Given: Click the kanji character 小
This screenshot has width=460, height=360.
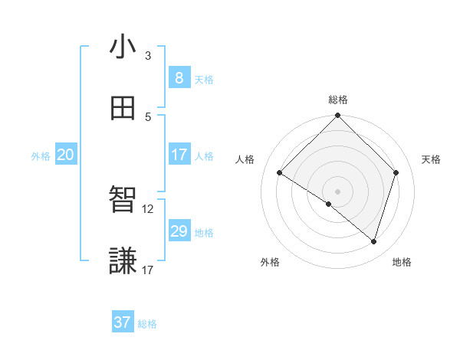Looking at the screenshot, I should click(x=123, y=47).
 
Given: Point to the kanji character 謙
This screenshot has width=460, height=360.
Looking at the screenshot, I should click(x=123, y=260).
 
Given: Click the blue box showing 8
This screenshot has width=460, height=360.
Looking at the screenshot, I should click(x=179, y=77).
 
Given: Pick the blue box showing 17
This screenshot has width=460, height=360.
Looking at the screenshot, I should click(x=179, y=154).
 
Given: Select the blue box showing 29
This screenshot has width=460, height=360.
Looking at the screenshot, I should click(x=179, y=231).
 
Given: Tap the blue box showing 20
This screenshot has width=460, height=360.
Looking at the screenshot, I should click(x=65, y=155).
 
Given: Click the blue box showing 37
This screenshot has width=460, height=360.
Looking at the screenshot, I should click(x=122, y=322).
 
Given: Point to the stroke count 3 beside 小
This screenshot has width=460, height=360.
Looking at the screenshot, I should click(x=148, y=56).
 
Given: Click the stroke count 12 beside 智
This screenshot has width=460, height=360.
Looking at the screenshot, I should click(x=148, y=208).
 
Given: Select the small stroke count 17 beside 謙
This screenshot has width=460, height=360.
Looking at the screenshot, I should click(x=148, y=270).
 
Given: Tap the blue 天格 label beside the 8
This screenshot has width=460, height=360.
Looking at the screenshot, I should click(x=204, y=79).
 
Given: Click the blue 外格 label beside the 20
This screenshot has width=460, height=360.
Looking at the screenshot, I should click(x=41, y=156).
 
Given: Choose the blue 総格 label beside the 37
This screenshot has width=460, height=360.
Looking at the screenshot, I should click(x=147, y=324).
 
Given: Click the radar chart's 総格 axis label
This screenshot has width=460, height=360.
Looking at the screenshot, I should click(x=338, y=100).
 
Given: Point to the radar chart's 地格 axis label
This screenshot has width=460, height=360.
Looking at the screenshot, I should click(x=402, y=262).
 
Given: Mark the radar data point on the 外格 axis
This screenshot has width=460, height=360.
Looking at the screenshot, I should click(x=329, y=204).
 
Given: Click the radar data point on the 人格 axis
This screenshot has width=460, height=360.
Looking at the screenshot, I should click(x=280, y=173).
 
